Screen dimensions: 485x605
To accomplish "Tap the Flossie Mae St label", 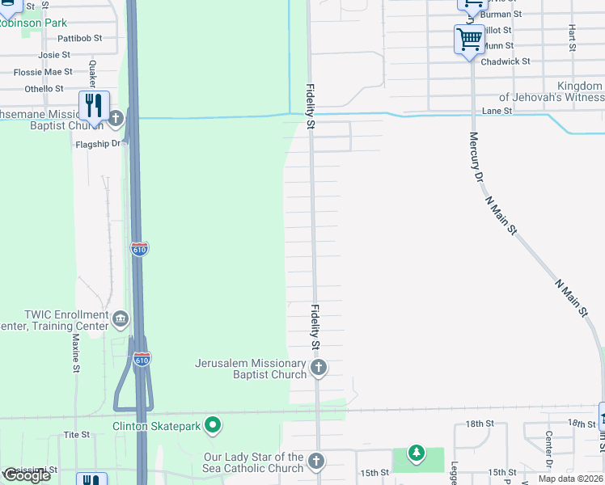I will [x=44, y=72].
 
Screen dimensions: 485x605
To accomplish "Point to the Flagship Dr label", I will [x=98, y=145].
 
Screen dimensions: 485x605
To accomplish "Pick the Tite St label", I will [x=76, y=435].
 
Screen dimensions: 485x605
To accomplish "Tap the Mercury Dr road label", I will [x=475, y=157].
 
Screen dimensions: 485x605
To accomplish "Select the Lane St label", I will [x=497, y=111].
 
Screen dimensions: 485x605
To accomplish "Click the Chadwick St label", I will [x=505, y=61].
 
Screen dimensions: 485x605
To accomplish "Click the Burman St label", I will [x=501, y=15].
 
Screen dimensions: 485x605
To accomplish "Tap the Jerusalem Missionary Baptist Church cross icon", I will [x=318, y=369].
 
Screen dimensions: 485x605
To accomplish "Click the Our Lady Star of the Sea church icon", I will [x=316, y=462].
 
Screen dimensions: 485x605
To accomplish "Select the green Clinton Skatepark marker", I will [x=213, y=424].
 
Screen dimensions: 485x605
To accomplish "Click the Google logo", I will [x=27, y=475].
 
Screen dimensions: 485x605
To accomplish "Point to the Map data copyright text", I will [x=571, y=479].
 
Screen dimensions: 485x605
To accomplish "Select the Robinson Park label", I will [x=33, y=23].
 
